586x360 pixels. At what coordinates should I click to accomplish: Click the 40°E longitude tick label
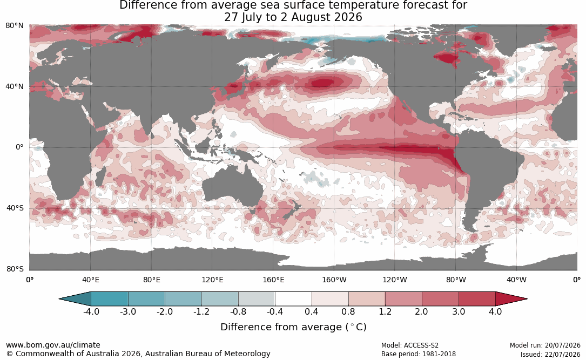pyautogui.click(x=91, y=280)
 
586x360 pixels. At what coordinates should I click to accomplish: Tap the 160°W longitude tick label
pyautogui.click(x=334, y=280)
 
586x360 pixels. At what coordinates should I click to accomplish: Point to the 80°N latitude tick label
pyautogui.click(x=15, y=26)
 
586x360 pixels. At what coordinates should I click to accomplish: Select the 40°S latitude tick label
pyautogui.click(x=15, y=208)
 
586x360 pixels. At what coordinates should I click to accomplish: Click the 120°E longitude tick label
pyautogui.click(x=212, y=280)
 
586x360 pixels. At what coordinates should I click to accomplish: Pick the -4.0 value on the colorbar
pyautogui.click(x=91, y=311)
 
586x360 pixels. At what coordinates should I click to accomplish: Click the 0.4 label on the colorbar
pyautogui.click(x=312, y=311)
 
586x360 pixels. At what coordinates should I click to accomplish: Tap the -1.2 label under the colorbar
pyautogui.click(x=201, y=311)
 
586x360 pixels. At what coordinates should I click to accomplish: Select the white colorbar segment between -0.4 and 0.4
pyautogui.click(x=293, y=299)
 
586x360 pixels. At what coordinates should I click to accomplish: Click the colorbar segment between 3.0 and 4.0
pyautogui.click(x=477, y=299)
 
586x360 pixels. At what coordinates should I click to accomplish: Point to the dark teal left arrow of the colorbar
pyautogui.click(x=75, y=299)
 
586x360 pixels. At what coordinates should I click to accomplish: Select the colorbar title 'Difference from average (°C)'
pyautogui.click(x=293, y=327)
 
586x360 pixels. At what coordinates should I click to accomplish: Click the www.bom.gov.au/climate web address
pyautogui.click(x=53, y=345)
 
